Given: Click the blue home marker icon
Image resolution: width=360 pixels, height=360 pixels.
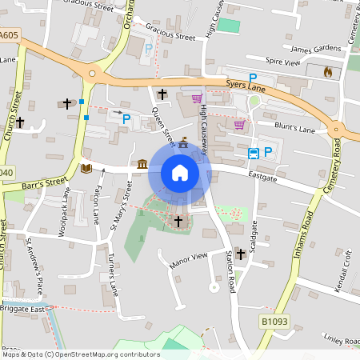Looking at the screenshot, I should [180, 172].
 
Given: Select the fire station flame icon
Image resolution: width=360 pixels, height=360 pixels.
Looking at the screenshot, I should [326, 72].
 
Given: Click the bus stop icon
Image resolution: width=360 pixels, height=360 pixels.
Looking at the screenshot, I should [253, 153].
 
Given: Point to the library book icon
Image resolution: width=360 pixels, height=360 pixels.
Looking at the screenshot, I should [86, 168].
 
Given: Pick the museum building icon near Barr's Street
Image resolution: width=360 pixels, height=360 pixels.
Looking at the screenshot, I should [142, 164].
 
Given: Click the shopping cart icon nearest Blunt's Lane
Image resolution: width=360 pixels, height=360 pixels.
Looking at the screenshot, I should [238, 124].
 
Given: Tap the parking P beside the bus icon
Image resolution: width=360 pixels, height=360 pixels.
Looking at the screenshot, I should [268, 152].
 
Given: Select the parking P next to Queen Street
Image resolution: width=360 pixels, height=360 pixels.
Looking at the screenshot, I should [126, 118].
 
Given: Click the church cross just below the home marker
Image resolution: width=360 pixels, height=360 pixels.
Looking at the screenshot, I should [178, 220].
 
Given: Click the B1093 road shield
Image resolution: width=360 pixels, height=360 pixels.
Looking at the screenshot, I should [274, 320].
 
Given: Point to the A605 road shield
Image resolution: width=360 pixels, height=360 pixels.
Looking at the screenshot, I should [9, 36].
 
